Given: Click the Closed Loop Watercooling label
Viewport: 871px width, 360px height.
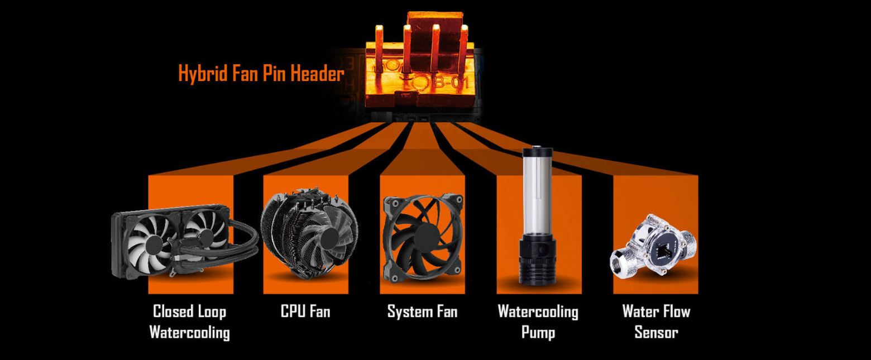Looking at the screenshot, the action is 190,322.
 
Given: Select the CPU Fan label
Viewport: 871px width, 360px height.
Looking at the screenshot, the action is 305,311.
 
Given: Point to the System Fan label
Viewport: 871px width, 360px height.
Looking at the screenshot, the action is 422,311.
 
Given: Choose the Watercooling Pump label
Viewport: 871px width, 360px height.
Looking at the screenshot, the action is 538,322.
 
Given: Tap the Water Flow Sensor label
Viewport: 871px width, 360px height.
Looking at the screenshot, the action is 657,322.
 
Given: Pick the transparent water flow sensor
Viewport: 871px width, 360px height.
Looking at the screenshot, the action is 653,248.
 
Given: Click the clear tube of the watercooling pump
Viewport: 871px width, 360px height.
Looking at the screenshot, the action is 537,194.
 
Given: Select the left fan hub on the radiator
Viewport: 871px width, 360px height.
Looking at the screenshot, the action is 152,246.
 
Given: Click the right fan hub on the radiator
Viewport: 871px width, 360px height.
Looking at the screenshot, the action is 207,236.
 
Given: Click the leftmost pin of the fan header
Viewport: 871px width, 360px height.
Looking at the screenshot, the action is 379,48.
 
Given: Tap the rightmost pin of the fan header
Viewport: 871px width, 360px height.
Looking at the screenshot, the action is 463,48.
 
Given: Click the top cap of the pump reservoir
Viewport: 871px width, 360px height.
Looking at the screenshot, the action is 537,151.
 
